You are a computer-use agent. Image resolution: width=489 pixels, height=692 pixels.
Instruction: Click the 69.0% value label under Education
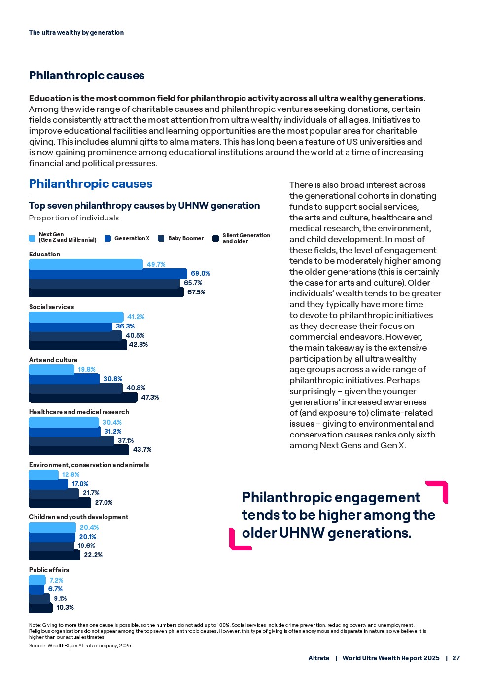pyautogui.click(x=200, y=273)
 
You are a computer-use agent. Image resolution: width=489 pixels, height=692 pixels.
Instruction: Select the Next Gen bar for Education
pyautogui.click(x=86, y=264)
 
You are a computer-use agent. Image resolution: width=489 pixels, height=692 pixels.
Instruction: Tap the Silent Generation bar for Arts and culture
pyautogui.click(x=83, y=397)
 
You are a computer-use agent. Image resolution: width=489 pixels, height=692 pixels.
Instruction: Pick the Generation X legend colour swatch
pyautogui.click(x=108, y=238)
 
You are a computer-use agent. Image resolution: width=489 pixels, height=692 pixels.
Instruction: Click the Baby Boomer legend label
pyautogui.click(x=185, y=238)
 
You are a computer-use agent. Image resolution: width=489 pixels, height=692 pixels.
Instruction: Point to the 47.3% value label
pyautogui.click(x=150, y=397)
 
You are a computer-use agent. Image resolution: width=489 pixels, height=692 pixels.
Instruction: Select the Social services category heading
pyautogui.click(x=51, y=307)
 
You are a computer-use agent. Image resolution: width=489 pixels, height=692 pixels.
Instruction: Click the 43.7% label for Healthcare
pyautogui.click(x=142, y=449)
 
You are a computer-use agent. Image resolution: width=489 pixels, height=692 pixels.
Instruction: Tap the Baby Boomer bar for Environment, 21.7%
pyautogui.click(x=54, y=493)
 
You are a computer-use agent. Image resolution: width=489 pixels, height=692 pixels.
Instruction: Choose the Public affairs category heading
pyautogui.click(x=49, y=570)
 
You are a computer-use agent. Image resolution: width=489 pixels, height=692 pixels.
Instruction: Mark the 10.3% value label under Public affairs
pyautogui.click(x=65, y=607)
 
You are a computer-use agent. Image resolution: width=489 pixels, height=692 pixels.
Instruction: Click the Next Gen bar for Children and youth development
pyautogui.click(x=52, y=527)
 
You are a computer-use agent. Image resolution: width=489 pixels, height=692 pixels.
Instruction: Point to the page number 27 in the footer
pyautogui.click(x=456, y=658)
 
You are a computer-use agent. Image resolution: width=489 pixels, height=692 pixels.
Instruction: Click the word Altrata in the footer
pyautogui.click(x=318, y=658)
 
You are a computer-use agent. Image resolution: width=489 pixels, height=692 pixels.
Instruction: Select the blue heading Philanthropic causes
pyautogui.click(x=91, y=184)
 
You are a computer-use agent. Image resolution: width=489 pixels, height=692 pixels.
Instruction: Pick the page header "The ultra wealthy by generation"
pyautogui.click(x=76, y=32)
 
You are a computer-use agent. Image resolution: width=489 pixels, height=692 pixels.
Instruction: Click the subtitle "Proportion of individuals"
pyautogui.click(x=74, y=218)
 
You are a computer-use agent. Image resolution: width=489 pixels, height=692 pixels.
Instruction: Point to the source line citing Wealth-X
pyautogui.click(x=80, y=645)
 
